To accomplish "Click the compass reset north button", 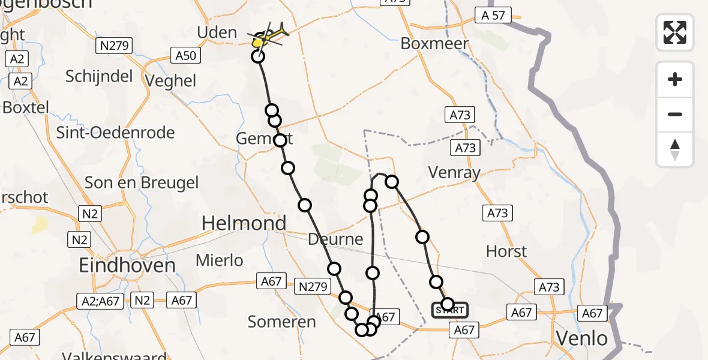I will click(x=675, y=149).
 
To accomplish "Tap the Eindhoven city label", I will click(x=127, y=265).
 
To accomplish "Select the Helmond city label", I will click(x=244, y=224).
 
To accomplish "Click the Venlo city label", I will click(x=581, y=338).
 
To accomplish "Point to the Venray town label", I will click(x=454, y=173).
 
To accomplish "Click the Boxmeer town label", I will click(x=430, y=44).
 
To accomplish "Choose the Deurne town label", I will click(x=335, y=239).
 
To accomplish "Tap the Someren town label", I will click(x=281, y=322).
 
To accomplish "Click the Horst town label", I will click(x=506, y=251).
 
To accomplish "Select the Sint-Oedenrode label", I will click(x=115, y=133).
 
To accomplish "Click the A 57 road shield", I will click(x=490, y=16).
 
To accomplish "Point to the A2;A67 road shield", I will click(x=99, y=301).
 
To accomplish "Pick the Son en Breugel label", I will click(x=142, y=182).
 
